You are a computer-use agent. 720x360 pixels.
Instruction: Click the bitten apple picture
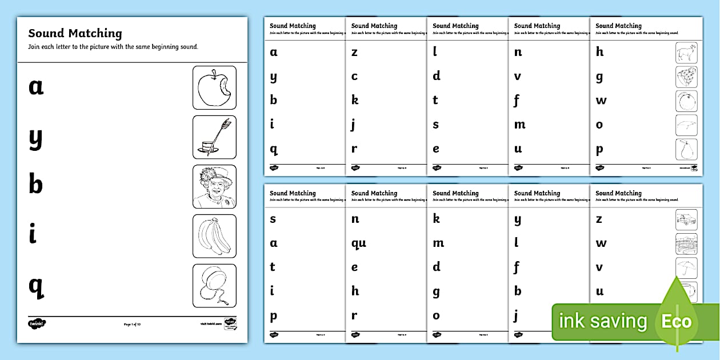click(x=214, y=87)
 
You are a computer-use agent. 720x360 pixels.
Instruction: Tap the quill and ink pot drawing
click(x=214, y=137)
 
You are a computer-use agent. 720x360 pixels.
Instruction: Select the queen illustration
click(x=214, y=186)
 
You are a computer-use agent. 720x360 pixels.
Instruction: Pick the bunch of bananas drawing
click(x=214, y=236)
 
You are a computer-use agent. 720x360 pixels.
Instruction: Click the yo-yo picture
click(x=214, y=285)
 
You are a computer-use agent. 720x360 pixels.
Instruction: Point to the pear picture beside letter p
click(x=686, y=150)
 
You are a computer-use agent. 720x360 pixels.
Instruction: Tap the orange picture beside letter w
click(x=686, y=101)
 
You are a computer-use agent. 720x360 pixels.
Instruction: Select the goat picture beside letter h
click(x=686, y=53)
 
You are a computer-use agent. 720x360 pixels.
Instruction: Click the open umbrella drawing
click(x=686, y=267)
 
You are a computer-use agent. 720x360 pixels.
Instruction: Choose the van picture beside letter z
click(x=686, y=219)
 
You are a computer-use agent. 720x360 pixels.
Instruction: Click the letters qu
click(x=359, y=243)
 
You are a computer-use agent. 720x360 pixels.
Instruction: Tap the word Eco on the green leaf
click(x=677, y=321)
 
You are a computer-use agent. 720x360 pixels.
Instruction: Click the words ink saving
click(x=602, y=321)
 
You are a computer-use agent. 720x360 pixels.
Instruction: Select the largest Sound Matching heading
click(x=75, y=34)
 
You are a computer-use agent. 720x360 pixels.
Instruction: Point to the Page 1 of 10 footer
click(x=132, y=324)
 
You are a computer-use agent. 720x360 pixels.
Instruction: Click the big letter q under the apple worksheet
click(x=36, y=286)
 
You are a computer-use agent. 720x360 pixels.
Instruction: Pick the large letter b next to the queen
click(x=35, y=185)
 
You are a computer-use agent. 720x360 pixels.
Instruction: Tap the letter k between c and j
click(x=355, y=101)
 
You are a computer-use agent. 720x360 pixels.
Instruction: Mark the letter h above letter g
click(x=599, y=52)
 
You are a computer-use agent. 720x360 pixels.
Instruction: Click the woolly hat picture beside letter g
click(x=686, y=77)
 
